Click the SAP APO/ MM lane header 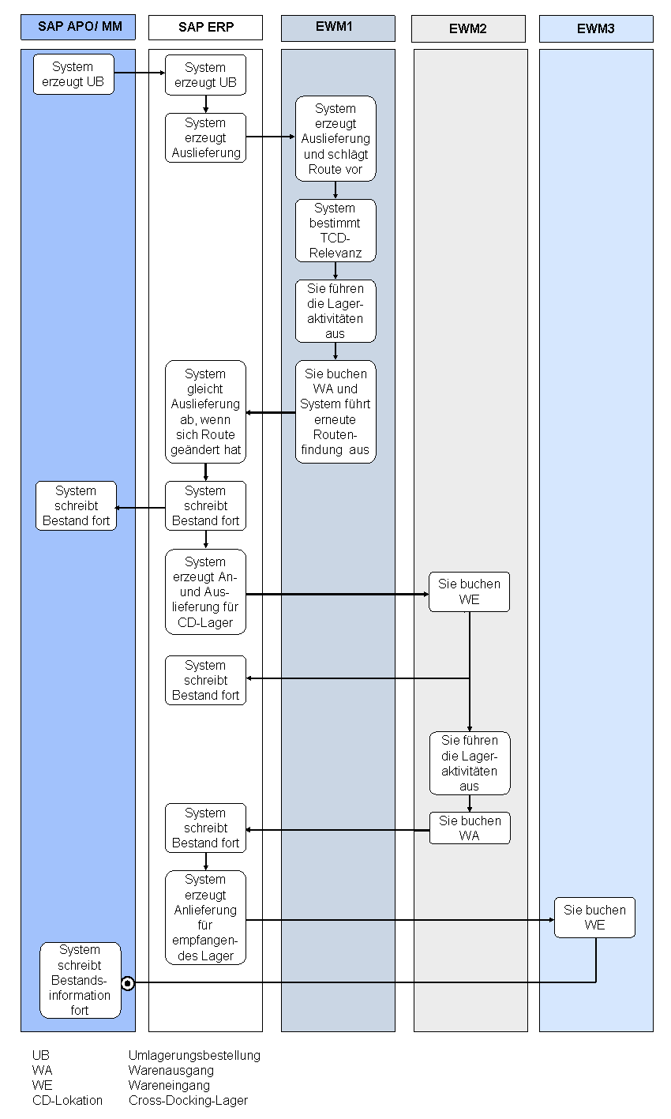[x=78, y=27]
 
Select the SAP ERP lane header [x=206, y=28]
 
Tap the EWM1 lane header [x=338, y=28]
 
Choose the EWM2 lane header [x=468, y=29]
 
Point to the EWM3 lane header [x=596, y=29]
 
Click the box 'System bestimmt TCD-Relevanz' [x=335, y=231]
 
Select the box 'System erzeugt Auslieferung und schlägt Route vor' [x=335, y=138]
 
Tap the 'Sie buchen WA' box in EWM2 [x=470, y=828]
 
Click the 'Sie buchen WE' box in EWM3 [x=594, y=917]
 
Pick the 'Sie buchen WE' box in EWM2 [x=469, y=591]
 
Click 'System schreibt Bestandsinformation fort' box [x=81, y=980]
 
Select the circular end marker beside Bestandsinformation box [x=128, y=984]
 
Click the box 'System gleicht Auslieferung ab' [x=206, y=411]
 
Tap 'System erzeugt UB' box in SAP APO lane [x=74, y=74]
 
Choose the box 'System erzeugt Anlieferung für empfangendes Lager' [x=206, y=917]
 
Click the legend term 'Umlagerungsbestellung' [x=195, y=1055]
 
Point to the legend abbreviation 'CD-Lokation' [x=67, y=1100]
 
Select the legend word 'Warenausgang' [x=171, y=1070]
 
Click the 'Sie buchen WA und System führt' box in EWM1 [x=335, y=411]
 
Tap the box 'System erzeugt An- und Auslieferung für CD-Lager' [x=206, y=592]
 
